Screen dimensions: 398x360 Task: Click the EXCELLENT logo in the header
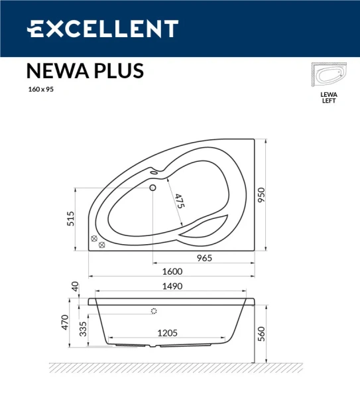click(102, 29)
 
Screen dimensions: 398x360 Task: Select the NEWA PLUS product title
click(84, 71)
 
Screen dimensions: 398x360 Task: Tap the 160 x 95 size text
click(40, 90)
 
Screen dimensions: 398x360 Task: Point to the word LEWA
click(329, 95)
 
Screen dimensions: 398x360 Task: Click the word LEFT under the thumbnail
click(329, 101)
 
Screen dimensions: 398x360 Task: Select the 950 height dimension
click(261, 195)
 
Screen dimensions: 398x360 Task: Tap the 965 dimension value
click(204, 258)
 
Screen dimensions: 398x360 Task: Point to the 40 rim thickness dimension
click(75, 287)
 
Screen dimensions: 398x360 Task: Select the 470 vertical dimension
click(66, 322)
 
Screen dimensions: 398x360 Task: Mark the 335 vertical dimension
click(83, 328)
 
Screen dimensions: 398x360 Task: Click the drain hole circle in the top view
click(154, 188)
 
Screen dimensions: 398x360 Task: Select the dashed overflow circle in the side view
click(154, 311)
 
